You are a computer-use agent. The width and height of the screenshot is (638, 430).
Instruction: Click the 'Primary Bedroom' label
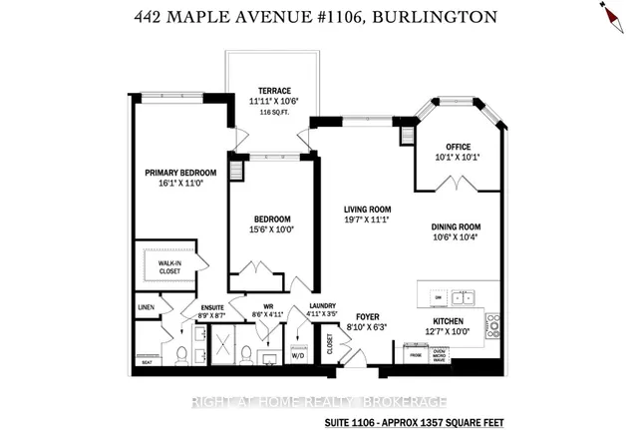click(180, 171)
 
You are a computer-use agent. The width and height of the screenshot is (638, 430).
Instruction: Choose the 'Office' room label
click(459, 146)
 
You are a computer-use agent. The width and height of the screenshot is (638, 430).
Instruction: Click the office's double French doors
click(458, 183)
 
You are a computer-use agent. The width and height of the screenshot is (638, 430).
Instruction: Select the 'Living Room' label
click(365, 208)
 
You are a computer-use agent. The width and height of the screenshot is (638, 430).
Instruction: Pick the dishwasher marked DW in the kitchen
click(436, 296)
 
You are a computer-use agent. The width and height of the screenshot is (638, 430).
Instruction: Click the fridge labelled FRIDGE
click(412, 353)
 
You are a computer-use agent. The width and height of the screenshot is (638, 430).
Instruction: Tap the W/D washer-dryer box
click(298, 353)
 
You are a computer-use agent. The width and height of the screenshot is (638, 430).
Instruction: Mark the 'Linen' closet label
click(145, 307)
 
